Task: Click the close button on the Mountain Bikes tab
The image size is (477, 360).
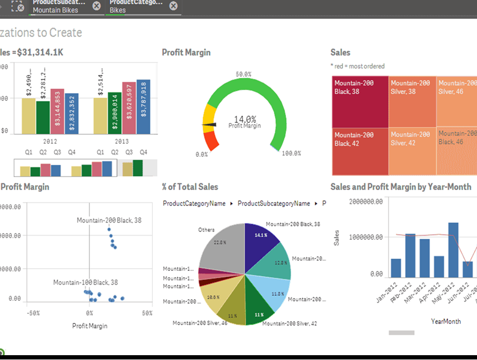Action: [96, 6]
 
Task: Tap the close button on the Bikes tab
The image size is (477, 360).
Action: [173, 6]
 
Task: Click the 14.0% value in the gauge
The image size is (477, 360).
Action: [245, 119]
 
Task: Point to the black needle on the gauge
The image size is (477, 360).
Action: [210, 125]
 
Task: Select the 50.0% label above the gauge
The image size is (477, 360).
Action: [244, 74]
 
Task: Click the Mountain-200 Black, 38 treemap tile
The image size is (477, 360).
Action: [359, 101]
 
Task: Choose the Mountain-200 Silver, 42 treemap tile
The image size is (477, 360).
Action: [412, 152]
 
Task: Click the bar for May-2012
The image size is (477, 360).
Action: [453, 249]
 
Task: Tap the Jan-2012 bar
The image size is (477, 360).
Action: [396, 268]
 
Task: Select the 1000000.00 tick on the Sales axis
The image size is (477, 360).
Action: [366, 237]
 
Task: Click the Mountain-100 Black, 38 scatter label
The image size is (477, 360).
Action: [85, 282]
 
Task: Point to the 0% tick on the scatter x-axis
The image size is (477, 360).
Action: [90, 313]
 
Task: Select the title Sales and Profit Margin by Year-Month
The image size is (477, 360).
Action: [401, 187]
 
